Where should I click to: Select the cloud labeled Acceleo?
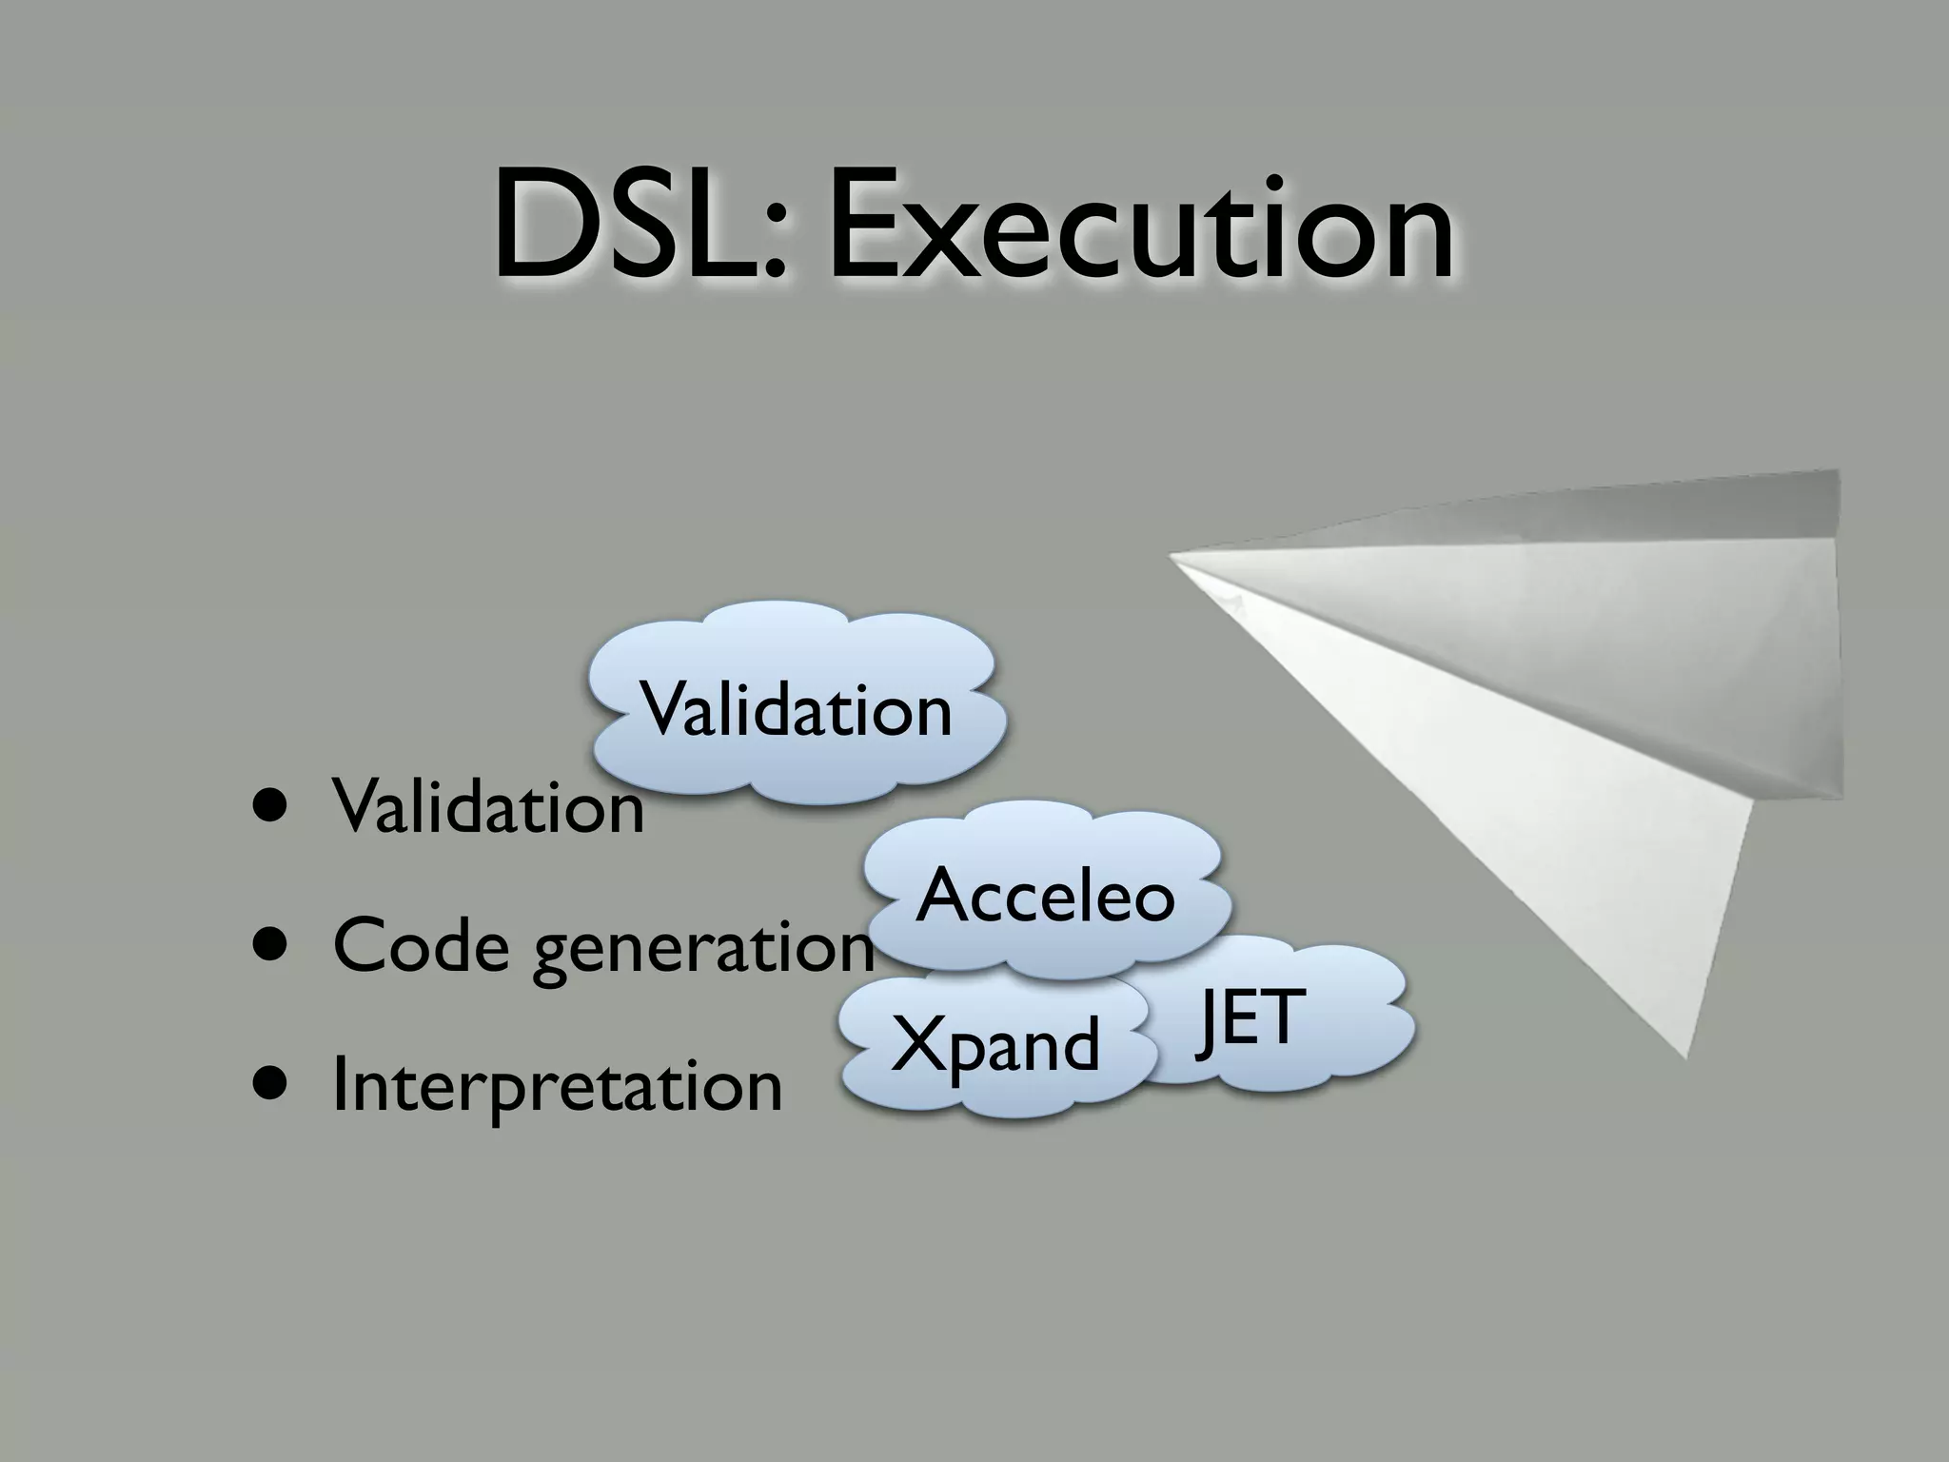click(1045, 895)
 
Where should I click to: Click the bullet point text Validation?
click(488, 807)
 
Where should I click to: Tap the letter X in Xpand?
click(919, 1043)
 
